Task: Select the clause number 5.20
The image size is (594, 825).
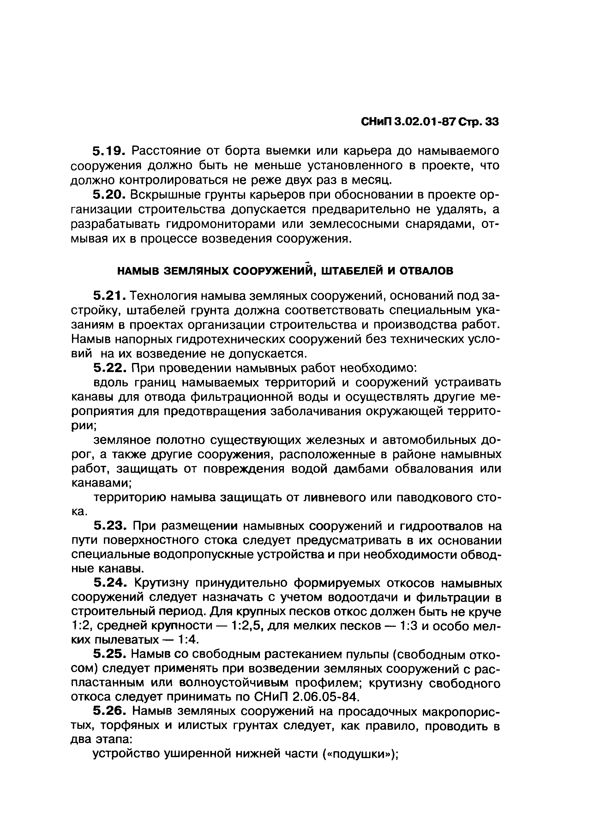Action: coord(109,195)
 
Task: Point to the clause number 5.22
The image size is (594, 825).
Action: coord(109,368)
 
